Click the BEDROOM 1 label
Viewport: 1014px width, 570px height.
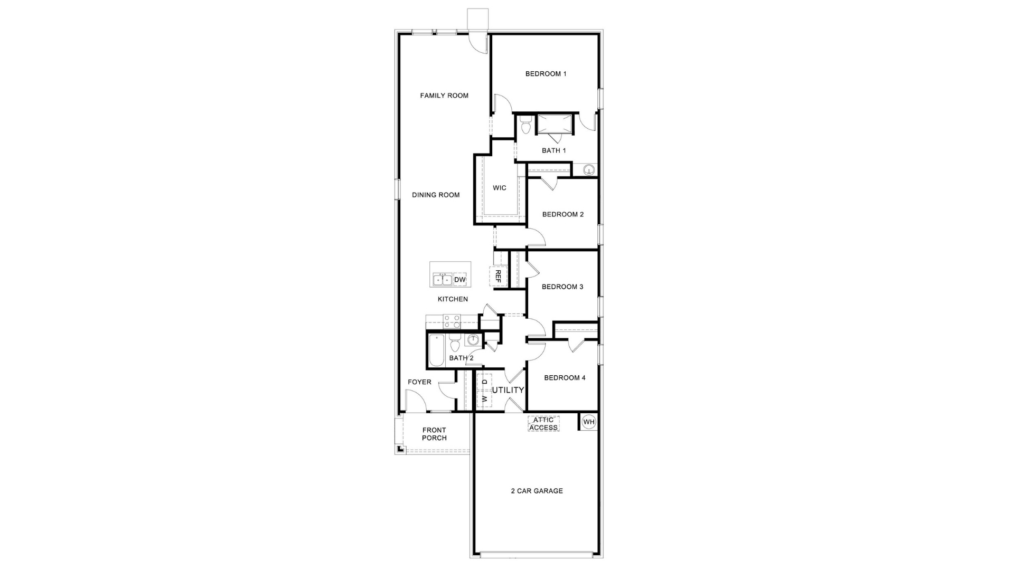tap(546, 74)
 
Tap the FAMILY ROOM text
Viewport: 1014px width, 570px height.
tap(444, 96)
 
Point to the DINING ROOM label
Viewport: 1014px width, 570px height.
tap(436, 195)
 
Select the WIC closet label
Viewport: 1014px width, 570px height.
tap(499, 188)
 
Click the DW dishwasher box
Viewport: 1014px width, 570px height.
tap(460, 280)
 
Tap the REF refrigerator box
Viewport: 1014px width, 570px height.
tap(497, 277)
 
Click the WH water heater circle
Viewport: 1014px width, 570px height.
tap(589, 422)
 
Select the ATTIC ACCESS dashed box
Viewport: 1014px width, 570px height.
tap(543, 424)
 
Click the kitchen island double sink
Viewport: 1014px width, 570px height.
tap(442, 280)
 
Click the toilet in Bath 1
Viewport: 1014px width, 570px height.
tap(525, 127)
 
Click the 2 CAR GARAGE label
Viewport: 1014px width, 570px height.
tap(537, 491)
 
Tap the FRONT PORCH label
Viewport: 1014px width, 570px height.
tap(434, 434)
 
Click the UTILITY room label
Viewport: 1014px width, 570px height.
tap(508, 390)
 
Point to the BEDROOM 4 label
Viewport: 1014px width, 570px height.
tap(565, 378)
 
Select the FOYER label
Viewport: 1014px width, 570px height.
tap(419, 382)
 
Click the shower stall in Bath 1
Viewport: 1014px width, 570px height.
tap(554, 125)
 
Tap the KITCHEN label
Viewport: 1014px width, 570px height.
tap(453, 299)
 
